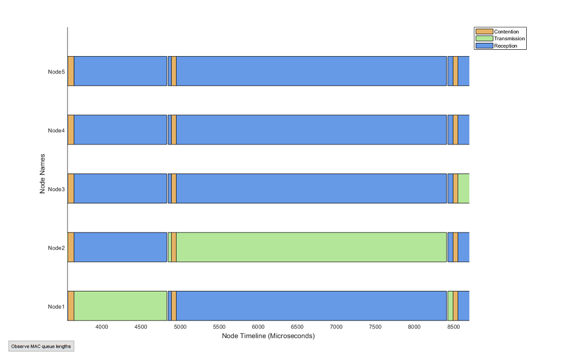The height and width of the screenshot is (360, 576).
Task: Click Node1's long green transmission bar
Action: pyautogui.click(x=120, y=306)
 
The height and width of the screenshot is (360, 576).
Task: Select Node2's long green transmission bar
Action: pyautogui.click(x=312, y=247)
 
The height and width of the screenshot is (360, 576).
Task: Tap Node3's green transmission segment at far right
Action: pyautogui.click(x=464, y=189)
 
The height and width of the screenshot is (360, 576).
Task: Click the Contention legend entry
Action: pyautogui.click(x=506, y=32)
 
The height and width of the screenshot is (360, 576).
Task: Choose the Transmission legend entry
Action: pyautogui.click(x=509, y=39)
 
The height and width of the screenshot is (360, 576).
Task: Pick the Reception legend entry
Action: pyautogui.click(x=505, y=46)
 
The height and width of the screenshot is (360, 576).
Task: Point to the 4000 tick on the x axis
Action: pyautogui.click(x=102, y=327)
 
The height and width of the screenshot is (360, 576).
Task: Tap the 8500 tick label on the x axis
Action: pyautogui.click(x=453, y=327)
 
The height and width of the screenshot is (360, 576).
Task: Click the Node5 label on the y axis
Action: pyautogui.click(x=56, y=71)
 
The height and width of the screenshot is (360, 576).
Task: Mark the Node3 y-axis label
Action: pyautogui.click(x=56, y=189)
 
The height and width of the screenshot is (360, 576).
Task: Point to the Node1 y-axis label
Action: pyautogui.click(x=56, y=306)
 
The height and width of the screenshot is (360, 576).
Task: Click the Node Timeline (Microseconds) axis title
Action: pyautogui.click(x=268, y=336)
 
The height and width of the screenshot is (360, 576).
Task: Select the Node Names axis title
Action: pyautogui.click(x=42, y=174)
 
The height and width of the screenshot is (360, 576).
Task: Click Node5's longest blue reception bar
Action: pyautogui.click(x=312, y=71)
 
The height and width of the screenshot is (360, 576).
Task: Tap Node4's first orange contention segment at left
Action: pyautogui.click(x=71, y=130)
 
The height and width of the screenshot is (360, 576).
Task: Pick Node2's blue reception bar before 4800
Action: pyautogui.click(x=120, y=247)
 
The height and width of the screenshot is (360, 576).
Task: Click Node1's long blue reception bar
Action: pyautogui.click(x=312, y=306)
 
